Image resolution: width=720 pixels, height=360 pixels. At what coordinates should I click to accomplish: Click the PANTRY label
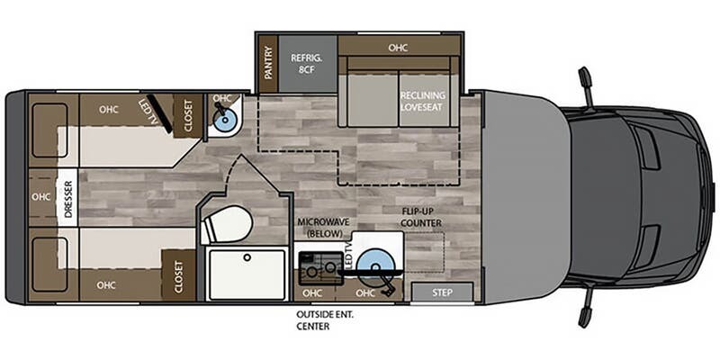click(268, 64)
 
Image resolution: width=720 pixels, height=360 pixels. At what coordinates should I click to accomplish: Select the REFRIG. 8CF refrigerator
click(307, 64)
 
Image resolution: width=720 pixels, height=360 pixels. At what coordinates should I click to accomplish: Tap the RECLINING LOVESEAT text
click(422, 101)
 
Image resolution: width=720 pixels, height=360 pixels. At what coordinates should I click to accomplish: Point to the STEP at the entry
click(442, 292)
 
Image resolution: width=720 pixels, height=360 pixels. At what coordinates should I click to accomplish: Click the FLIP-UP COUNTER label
click(421, 218)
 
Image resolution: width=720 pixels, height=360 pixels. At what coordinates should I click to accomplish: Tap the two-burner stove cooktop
click(320, 268)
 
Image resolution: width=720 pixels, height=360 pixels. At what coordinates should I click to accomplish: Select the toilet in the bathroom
click(228, 224)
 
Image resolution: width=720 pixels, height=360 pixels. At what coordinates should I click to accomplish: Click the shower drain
click(247, 257)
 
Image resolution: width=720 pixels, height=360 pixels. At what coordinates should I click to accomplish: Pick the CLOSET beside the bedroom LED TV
click(188, 115)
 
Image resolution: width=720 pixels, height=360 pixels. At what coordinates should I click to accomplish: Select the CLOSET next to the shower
click(178, 276)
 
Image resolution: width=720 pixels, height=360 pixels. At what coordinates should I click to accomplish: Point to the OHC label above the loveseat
click(398, 48)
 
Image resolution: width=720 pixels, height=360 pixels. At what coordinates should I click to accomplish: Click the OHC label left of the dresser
click(40, 196)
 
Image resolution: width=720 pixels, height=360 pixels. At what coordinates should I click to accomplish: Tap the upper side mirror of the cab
click(586, 86)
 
